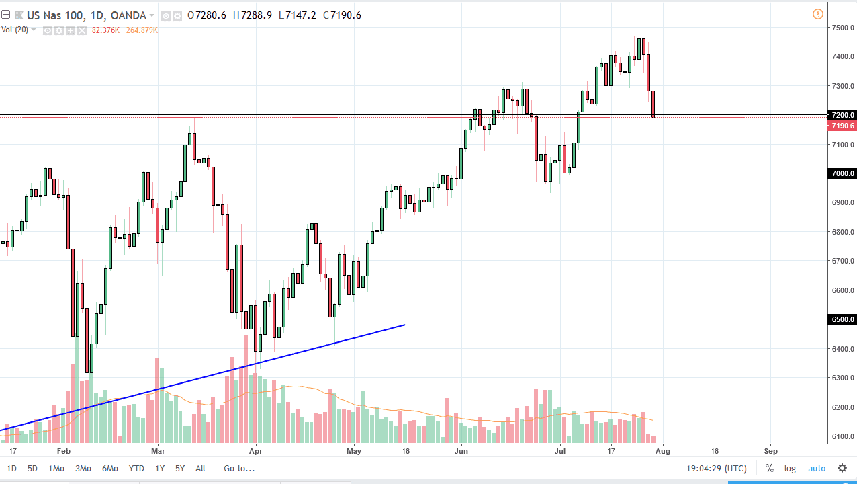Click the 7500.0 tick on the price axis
[842, 28]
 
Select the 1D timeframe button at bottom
[12, 468]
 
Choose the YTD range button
[136, 468]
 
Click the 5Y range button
[179, 468]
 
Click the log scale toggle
[790, 468]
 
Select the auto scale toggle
[816, 468]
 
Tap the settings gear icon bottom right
[842, 468]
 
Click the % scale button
[769, 468]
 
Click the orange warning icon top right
[817, 13]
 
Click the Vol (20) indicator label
[15, 30]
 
